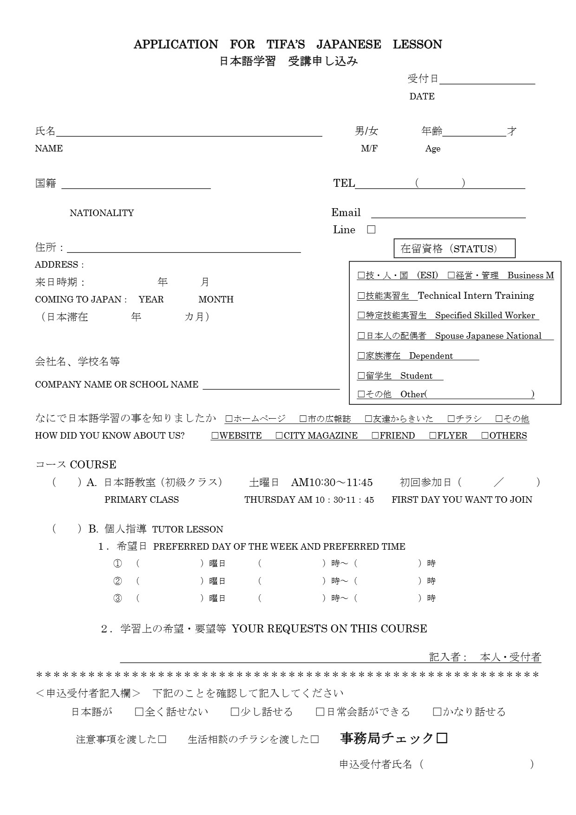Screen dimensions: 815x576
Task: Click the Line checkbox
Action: [x=371, y=230]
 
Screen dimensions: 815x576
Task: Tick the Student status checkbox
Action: [x=361, y=376]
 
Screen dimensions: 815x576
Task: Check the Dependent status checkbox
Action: [x=361, y=356]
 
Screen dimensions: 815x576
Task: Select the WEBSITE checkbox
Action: [x=215, y=436]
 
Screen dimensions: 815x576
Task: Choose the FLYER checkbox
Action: [x=433, y=436]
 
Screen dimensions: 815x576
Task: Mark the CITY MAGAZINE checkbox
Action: [x=279, y=436]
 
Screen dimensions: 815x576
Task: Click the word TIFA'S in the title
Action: [x=286, y=45]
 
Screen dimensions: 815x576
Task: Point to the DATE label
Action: [x=422, y=97]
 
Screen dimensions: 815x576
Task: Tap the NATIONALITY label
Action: [x=102, y=213]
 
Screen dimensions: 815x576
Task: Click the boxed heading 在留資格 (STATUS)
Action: [x=454, y=249]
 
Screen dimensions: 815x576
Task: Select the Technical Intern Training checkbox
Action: [x=361, y=296]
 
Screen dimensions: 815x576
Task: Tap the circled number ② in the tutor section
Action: [x=118, y=581]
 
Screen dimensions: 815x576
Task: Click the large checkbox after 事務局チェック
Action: [x=442, y=738]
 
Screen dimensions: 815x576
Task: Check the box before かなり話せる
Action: [x=437, y=712]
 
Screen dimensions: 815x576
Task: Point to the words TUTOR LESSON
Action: [x=188, y=529]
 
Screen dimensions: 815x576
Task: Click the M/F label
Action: [x=369, y=149]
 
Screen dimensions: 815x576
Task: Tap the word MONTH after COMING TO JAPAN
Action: [x=216, y=300]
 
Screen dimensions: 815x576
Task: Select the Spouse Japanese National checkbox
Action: [x=361, y=336]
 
